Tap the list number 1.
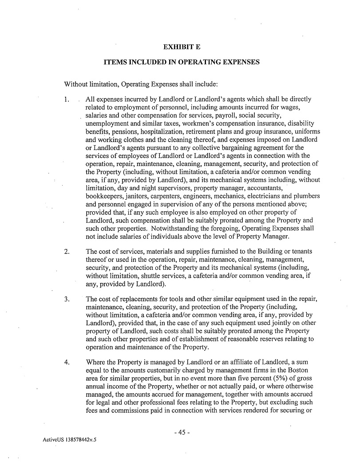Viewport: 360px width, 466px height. (x=67, y=99)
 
